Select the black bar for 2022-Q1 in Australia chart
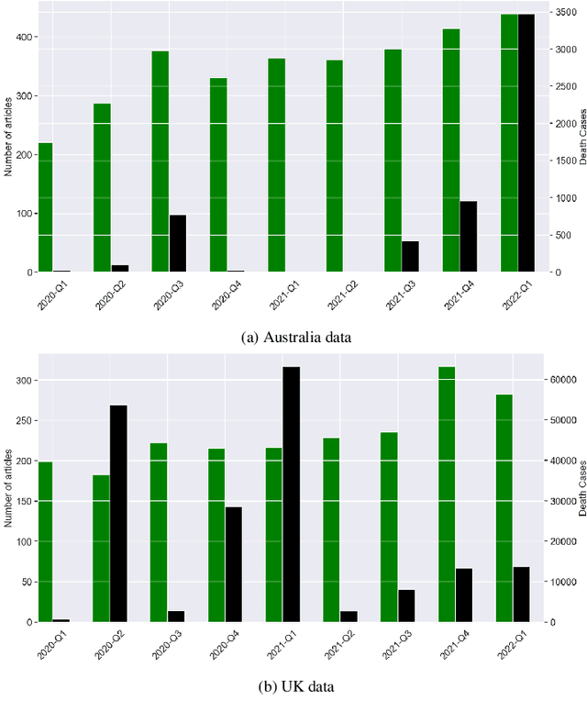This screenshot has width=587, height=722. coord(526,143)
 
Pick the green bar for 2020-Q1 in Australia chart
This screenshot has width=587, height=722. coord(45,207)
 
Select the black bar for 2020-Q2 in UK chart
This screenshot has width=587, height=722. coord(119,513)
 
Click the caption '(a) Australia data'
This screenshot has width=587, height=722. coord(296,338)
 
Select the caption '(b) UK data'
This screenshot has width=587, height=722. coord(296,685)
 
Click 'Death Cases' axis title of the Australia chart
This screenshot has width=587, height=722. coord(583,142)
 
